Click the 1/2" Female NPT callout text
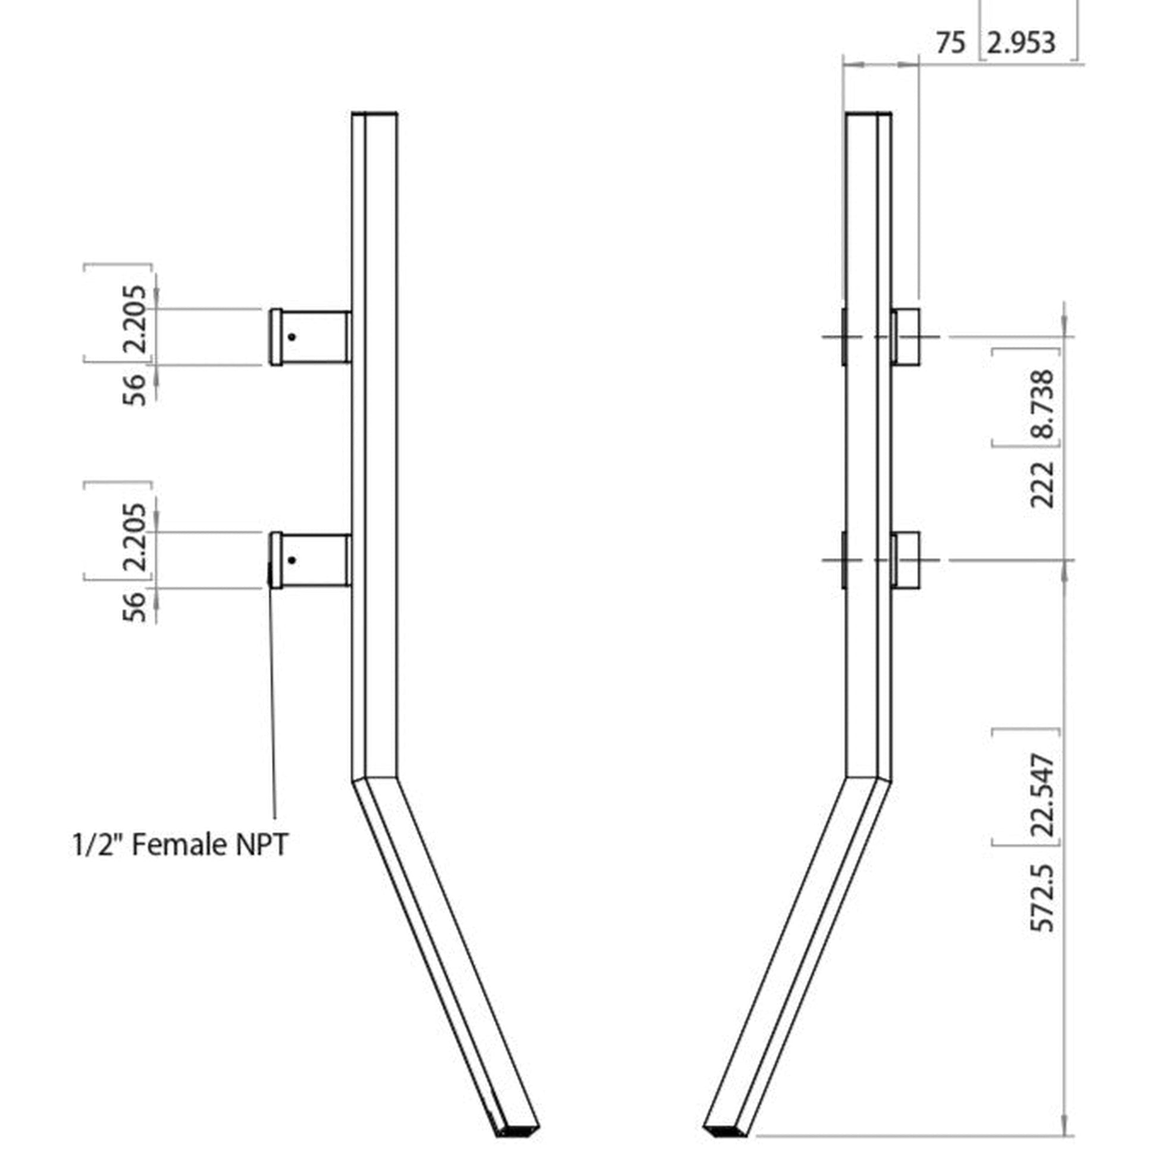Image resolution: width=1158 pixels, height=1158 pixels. (x=180, y=846)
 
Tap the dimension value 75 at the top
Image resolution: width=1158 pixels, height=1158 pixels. (x=951, y=43)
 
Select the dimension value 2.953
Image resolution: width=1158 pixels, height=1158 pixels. (x=1021, y=43)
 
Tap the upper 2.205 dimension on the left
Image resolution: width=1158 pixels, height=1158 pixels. (x=135, y=320)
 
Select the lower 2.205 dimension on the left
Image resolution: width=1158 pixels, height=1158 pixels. (x=135, y=538)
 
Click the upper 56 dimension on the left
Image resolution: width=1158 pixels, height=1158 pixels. (x=134, y=390)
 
